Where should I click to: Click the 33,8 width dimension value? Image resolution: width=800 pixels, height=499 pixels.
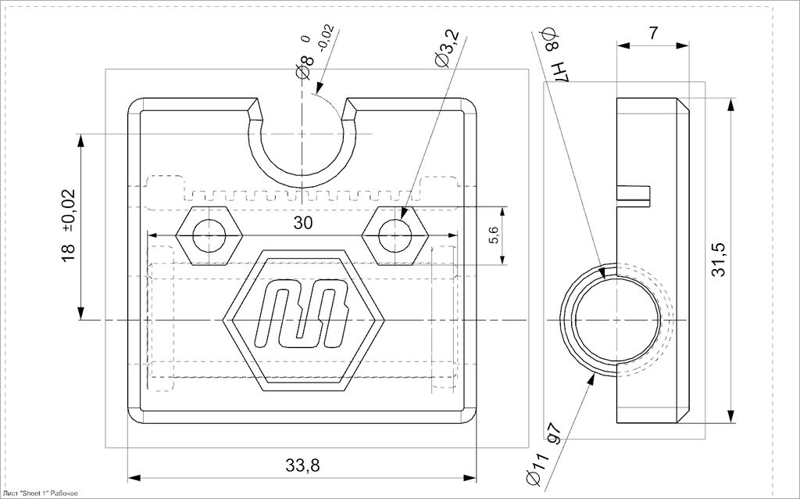[x=303, y=466]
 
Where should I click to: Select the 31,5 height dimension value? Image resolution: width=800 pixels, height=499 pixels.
[x=719, y=259]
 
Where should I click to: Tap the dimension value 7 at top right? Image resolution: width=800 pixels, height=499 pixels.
[x=653, y=33]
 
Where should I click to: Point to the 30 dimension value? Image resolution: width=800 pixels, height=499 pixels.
[x=303, y=223]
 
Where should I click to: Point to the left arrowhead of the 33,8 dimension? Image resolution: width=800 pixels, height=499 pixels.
[x=133, y=477]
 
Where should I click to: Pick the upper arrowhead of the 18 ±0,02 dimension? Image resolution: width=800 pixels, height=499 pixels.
[x=80, y=140]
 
